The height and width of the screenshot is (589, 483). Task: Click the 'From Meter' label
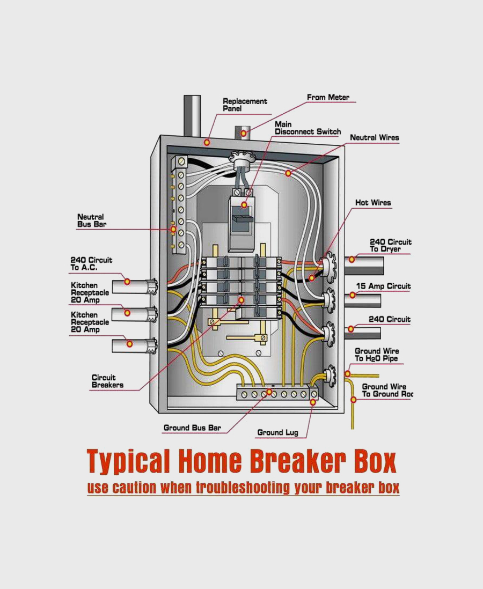click(x=328, y=98)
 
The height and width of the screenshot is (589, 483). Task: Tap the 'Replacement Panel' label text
click(x=245, y=105)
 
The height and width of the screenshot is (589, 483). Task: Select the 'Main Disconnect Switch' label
click(x=308, y=128)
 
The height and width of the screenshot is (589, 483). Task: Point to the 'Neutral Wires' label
click(x=375, y=138)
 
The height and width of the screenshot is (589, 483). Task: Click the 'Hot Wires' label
click(x=373, y=203)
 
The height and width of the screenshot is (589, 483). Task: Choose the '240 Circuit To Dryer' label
click(x=390, y=246)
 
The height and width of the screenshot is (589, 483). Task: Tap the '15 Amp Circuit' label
click(x=383, y=286)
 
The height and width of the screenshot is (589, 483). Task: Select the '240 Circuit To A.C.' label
click(x=91, y=264)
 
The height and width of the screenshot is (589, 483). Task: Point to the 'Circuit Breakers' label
click(x=107, y=381)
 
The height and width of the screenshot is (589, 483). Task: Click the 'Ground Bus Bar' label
click(x=192, y=428)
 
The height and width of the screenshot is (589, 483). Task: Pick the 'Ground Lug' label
click(x=277, y=432)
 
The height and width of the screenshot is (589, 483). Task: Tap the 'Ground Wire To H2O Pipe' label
click(x=376, y=355)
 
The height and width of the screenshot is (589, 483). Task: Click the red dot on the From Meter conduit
click(x=244, y=133)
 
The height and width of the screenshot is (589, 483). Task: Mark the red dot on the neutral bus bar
click(x=173, y=229)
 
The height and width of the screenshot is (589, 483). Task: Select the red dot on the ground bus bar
click(x=268, y=393)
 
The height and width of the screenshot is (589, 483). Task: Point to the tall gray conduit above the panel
click(x=192, y=115)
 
